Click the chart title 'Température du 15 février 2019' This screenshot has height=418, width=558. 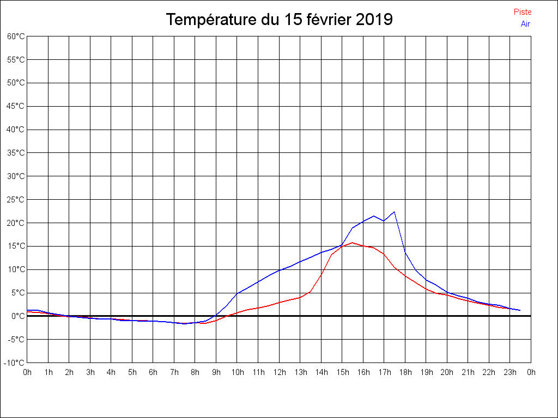pos(279,20)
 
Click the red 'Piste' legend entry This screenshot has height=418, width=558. pos(523,12)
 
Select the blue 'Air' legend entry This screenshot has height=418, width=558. pos(525,24)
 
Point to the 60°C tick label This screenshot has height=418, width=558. pos(16,36)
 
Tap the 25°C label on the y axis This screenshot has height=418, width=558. pos(16,200)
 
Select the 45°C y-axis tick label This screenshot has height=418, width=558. pos(16,106)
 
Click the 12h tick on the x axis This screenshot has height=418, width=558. pos(279,372)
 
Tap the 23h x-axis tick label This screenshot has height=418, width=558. pos(510,372)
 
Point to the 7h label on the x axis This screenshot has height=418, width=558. pos(174,372)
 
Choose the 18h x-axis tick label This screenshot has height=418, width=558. pos(405,372)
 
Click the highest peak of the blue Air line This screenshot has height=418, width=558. pos(394,212)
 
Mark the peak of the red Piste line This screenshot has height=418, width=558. pos(353,242)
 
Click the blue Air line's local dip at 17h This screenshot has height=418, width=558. pos(384,221)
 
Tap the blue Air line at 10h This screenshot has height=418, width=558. pos(237,294)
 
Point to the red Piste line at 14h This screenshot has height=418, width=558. pos(322,275)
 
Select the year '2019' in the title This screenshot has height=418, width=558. pos(374,20)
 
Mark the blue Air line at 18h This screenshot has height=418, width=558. pos(405,251)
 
